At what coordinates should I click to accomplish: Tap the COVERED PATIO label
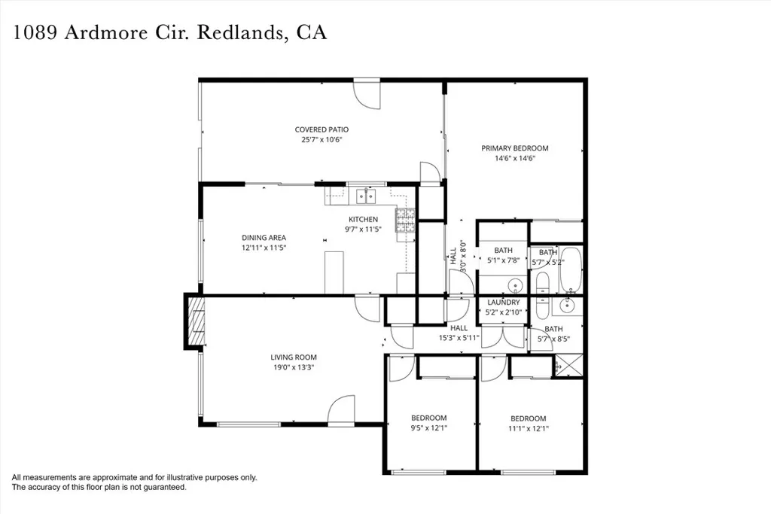tap(322, 129)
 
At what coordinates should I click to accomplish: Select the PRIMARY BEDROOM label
tap(515, 148)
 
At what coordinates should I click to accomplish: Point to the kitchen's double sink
tap(366, 196)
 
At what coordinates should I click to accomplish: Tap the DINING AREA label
tap(264, 238)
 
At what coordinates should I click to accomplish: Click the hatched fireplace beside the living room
tap(195, 320)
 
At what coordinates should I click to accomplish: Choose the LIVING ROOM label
tap(294, 357)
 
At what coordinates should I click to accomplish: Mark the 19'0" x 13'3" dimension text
tap(294, 368)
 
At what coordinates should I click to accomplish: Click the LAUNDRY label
tap(503, 303)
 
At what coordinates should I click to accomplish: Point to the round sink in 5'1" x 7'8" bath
tap(515, 285)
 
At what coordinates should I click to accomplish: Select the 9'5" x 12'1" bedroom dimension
tap(428, 429)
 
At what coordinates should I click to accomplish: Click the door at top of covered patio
tap(367, 91)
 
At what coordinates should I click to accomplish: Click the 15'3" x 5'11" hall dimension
tap(459, 339)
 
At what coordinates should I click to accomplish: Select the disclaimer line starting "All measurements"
tap(134, 477)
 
